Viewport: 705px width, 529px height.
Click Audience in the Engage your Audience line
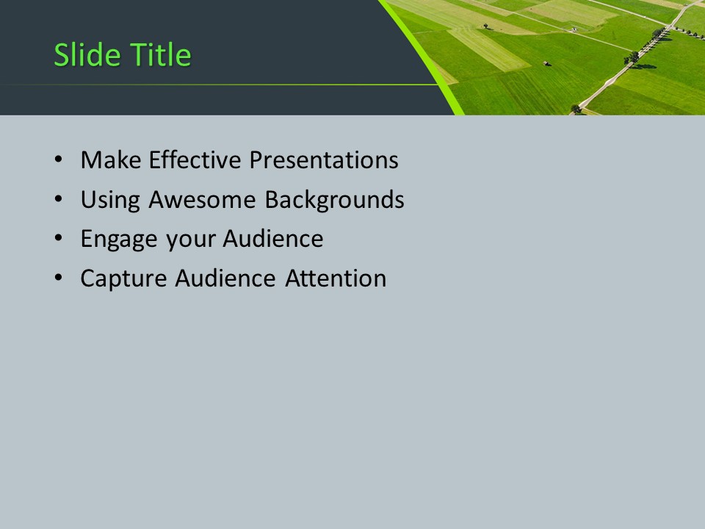[x=272, y=240]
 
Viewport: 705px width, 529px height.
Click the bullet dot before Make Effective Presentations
[x=59, y=161]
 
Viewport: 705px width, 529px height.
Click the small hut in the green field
[x=544, y=63]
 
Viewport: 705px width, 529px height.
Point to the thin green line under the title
[x=220, y=85]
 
